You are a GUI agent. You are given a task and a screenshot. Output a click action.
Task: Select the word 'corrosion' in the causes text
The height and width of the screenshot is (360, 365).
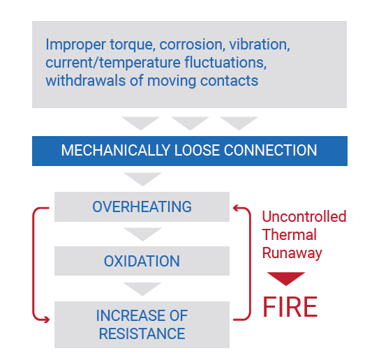point(193,44)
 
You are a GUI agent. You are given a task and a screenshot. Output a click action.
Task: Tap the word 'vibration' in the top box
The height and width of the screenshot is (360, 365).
point(260,44)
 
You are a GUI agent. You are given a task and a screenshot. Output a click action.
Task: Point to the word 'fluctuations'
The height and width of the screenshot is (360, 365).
point(225,62)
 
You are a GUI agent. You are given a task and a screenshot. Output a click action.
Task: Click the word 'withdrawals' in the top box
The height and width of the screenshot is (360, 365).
point(86,80)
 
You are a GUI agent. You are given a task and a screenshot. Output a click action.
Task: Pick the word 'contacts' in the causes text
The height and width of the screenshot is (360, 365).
point(230,81)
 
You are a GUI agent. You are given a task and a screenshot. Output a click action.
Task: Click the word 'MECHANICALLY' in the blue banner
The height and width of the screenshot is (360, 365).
point(116,150)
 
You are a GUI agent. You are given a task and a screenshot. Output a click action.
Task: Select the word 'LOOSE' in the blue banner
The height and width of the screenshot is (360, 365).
point(198,150)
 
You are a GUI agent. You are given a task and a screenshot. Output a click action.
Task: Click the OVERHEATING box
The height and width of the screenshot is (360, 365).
point(142,207)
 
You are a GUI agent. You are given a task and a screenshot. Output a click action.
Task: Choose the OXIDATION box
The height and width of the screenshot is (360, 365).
point(142,261)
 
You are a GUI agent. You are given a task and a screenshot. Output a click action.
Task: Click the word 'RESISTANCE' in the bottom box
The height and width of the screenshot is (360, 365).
point(142,333)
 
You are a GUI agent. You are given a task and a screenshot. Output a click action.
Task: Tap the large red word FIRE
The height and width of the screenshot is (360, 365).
point(290,307)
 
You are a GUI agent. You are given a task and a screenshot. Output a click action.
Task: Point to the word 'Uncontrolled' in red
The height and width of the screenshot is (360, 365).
point(304,216)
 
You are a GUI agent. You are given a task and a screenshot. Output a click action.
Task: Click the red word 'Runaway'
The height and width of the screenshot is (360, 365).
point(292,253)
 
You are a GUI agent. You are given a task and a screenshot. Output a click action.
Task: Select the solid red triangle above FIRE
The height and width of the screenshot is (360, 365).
point(286,278)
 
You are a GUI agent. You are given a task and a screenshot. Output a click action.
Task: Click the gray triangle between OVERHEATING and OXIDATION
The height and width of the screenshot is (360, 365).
point(142,234)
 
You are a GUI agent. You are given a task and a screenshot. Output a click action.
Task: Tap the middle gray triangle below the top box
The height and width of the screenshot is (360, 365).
point(190,122)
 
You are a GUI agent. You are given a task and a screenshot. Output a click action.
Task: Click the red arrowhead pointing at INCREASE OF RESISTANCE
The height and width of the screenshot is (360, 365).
point(47,320)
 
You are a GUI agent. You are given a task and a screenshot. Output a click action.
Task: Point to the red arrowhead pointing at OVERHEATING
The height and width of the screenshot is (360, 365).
point(236,208)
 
